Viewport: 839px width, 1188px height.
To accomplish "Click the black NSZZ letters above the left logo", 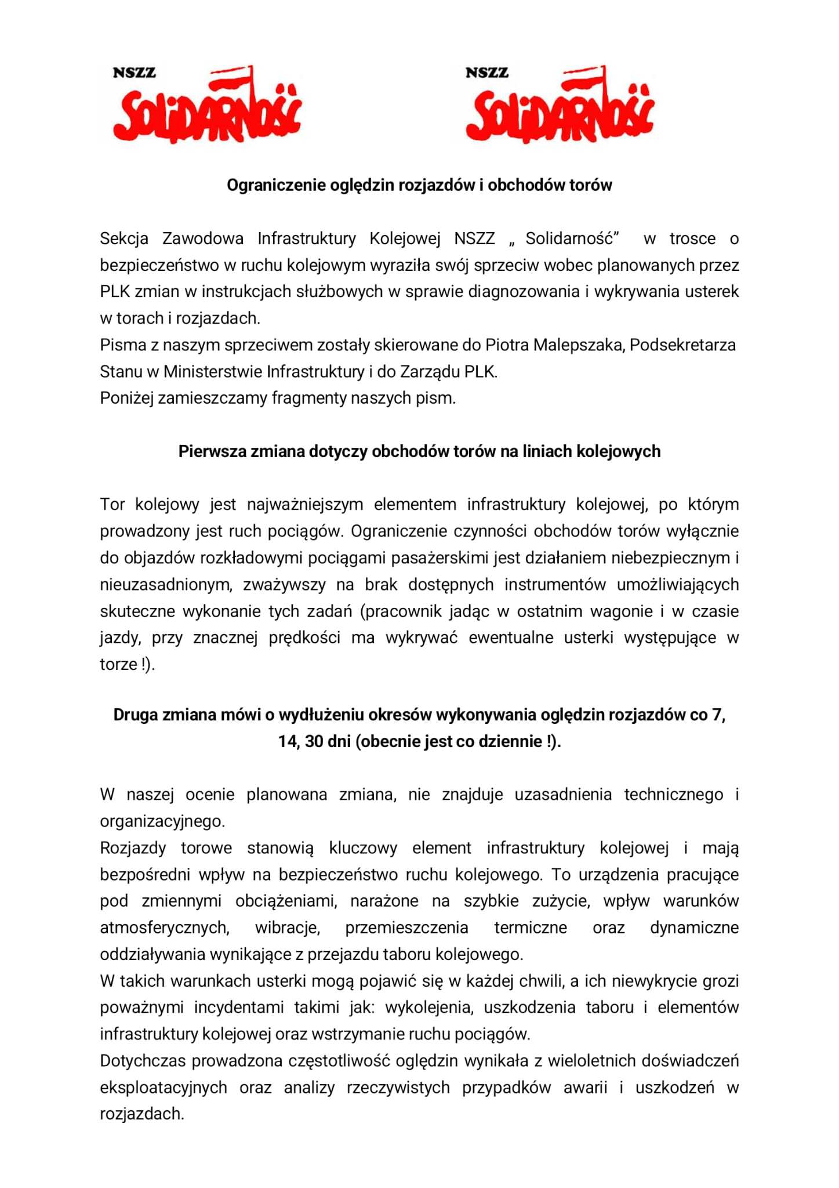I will click(135, 73).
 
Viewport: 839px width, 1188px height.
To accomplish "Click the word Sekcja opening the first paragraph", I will click(124, 238).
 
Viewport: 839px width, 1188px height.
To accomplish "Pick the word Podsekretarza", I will click(682, 345).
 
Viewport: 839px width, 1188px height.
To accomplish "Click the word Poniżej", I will click(126, 399).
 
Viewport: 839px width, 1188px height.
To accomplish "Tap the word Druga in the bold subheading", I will click(136, 715).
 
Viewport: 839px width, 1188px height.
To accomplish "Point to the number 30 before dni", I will click(314, 742).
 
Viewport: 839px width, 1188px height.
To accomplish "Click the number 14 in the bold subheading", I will click(288, 742).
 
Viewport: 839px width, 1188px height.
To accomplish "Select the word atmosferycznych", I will click(165, 928).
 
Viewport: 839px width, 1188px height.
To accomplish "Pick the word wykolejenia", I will click(430, 1008).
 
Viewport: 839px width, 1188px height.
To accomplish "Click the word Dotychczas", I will click(143, 1061).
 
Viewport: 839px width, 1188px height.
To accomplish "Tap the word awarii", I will click(585, 1088).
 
